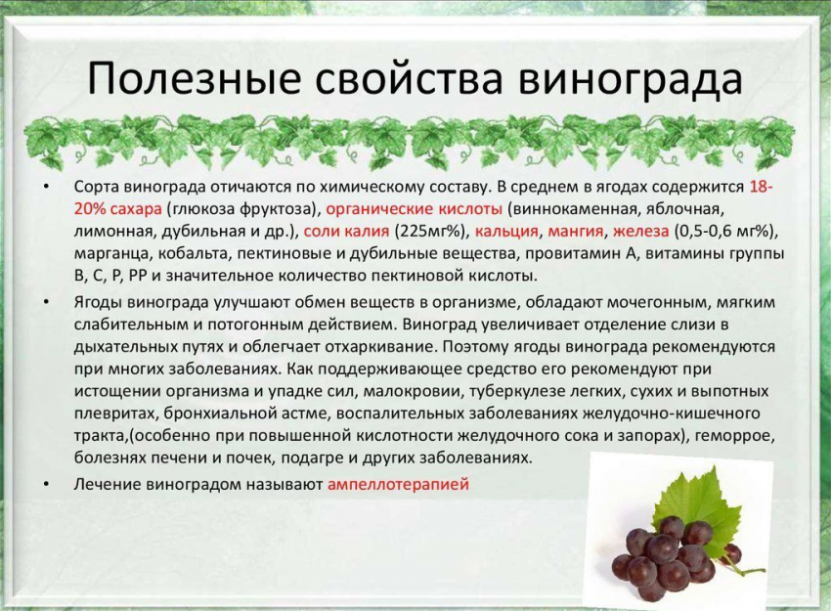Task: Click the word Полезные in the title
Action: (x=193, y=78)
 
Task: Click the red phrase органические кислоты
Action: (x=414, y=209)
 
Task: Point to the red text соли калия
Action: (x=347, y=232)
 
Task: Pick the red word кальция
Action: (x=506, y=232)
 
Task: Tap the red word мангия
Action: (x=575, y=232)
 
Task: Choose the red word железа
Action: (x=640, y=232)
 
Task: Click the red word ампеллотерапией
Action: (x=399, y=484)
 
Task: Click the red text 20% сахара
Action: (x=117, y=209)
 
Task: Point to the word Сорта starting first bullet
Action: (x=97, y=188)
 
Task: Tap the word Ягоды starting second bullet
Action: (x=98, y=303)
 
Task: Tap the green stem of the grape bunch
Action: (x=746, y=569)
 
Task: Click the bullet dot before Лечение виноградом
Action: (x=47, y=484)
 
